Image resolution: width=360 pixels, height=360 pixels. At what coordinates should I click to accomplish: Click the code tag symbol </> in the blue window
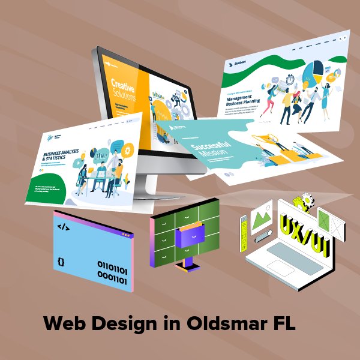point(63,227)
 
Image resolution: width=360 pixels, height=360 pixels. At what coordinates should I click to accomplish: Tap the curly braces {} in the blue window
point(61,262)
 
